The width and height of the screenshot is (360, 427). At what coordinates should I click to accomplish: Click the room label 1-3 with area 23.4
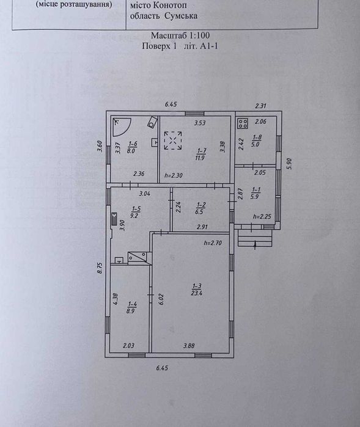[197, 290]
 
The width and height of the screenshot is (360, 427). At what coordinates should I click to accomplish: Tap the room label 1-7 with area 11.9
[200, 154]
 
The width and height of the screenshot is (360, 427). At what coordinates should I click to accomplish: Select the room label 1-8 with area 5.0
[257, 141]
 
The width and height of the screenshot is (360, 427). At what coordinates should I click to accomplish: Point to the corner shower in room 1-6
[122, 126]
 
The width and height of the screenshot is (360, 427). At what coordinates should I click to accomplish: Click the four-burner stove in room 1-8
[243, 123]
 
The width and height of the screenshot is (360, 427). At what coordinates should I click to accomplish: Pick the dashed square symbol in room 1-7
[173, 141]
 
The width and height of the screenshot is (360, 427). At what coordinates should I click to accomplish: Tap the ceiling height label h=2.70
[213, 243]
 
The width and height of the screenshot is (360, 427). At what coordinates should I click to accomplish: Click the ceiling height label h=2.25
[262, 217]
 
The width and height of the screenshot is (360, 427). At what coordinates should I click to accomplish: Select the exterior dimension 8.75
[100, 268]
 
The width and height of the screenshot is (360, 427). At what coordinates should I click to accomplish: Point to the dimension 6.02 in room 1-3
[161, 299]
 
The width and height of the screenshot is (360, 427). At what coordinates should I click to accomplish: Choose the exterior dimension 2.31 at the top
[260, 106]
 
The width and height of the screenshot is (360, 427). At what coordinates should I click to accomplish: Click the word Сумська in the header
[181, 16]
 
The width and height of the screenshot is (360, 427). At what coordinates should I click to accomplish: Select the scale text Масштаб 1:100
[180, 35]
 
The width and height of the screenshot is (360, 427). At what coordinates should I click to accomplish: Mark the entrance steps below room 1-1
[255, 238]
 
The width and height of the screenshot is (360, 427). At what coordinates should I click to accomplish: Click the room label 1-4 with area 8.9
[132, 307]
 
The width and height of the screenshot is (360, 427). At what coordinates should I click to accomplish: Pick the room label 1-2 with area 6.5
[200, 208]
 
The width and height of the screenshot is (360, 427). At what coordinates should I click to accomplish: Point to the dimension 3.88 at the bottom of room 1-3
[189, 346]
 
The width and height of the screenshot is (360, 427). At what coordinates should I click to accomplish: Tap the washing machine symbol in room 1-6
[152, 122]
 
